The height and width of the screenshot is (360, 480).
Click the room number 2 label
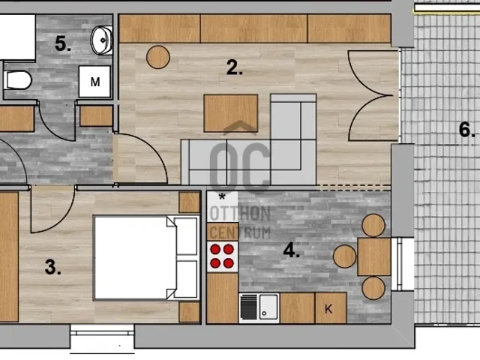click(x=235, y=67)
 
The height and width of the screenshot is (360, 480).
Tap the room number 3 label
click(x=52, y=267)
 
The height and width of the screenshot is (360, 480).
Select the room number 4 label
click(x=291, y=250)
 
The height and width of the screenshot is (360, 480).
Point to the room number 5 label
click(x=63, y=43)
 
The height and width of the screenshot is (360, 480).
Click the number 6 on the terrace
click(x=466, y=130)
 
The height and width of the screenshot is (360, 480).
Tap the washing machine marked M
click(x=95, y=82)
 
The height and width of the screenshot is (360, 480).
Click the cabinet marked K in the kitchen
click(x=331, y=307)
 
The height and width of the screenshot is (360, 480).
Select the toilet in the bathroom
click(x=17, y=80)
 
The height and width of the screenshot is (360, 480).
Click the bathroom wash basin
click(x=102, y=40)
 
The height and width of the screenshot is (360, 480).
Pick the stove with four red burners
click(x=222, y=256)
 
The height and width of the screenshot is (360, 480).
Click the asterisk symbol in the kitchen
click(x=222, y=196)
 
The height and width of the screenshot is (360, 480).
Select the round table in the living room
click(x=158, y=57)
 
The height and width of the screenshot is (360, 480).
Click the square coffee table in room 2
click(x=231, y=113)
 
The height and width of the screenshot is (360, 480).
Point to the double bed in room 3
click(x=146, y=257)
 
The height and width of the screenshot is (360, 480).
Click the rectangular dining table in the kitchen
click(x=374, y=257)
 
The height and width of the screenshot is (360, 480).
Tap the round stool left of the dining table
click(x=345, y=256)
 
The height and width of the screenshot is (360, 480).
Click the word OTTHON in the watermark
click(x=240, y=214)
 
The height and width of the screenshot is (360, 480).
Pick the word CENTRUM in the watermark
click(x=240, y=232)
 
